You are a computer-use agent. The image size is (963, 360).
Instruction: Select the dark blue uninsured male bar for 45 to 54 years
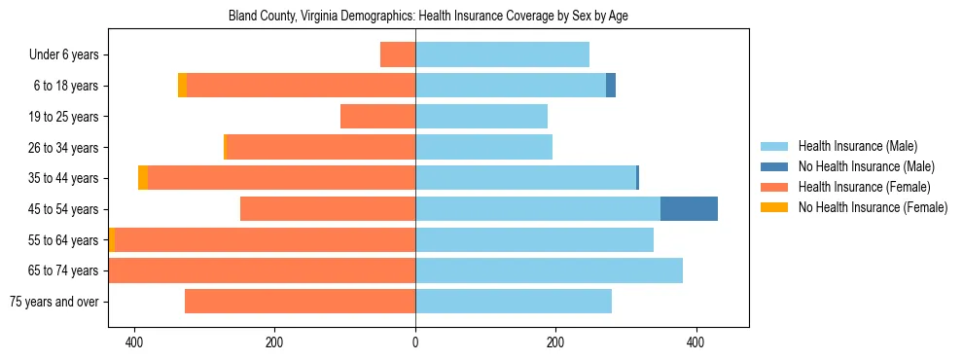689,209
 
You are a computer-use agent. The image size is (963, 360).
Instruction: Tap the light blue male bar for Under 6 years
502,54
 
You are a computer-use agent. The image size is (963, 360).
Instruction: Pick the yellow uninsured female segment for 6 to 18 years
182,86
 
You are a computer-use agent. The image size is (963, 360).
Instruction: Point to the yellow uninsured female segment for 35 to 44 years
143,178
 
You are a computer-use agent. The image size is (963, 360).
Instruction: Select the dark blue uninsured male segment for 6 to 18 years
611,86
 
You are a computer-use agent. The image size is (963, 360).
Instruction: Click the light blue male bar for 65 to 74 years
549,270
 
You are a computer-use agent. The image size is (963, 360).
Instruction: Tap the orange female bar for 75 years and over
300,302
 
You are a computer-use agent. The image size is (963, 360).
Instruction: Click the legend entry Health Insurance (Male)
857,146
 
